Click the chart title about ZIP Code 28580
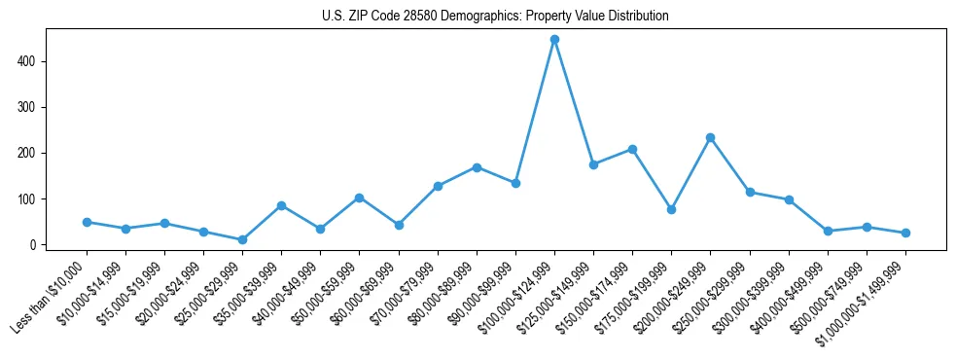(x=495, y=17)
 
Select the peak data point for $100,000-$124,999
(x=554, y=40)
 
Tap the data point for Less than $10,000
(x=87, y=222)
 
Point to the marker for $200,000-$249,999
(x=711, y=138)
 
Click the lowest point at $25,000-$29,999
(x=242, y=239)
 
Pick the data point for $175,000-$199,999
(x=671, y=209)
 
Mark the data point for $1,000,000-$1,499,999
(x=905, y=233)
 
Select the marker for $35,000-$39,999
(x=281, y=205)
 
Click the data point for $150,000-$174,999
(x=632, y=149)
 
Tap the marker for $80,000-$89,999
(x=477, y=167)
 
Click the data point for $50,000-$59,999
(x=360, y=198)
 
